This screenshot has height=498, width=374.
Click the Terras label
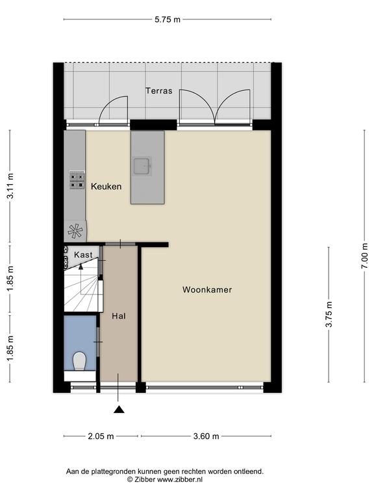(159, 91)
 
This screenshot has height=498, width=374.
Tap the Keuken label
(106, 187)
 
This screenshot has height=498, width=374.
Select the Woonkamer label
(207, 290)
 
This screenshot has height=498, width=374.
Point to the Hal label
(119, 316)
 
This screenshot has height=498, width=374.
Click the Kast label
(83, 255)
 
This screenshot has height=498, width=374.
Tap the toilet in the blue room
(79, 361)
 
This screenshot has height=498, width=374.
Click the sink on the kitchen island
(142, 166)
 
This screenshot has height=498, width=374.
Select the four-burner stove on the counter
(77, 180)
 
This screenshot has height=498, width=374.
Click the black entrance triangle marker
(119, 409)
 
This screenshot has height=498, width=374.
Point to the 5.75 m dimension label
(168, 19)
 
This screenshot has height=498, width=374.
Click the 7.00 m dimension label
(364, 256)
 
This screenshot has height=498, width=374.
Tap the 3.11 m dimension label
(10, 186)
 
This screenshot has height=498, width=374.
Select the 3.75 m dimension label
(329, 314)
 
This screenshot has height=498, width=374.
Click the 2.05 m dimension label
(101, 436)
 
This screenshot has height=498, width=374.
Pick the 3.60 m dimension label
(206, 436)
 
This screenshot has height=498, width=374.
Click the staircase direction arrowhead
(81, 267)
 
